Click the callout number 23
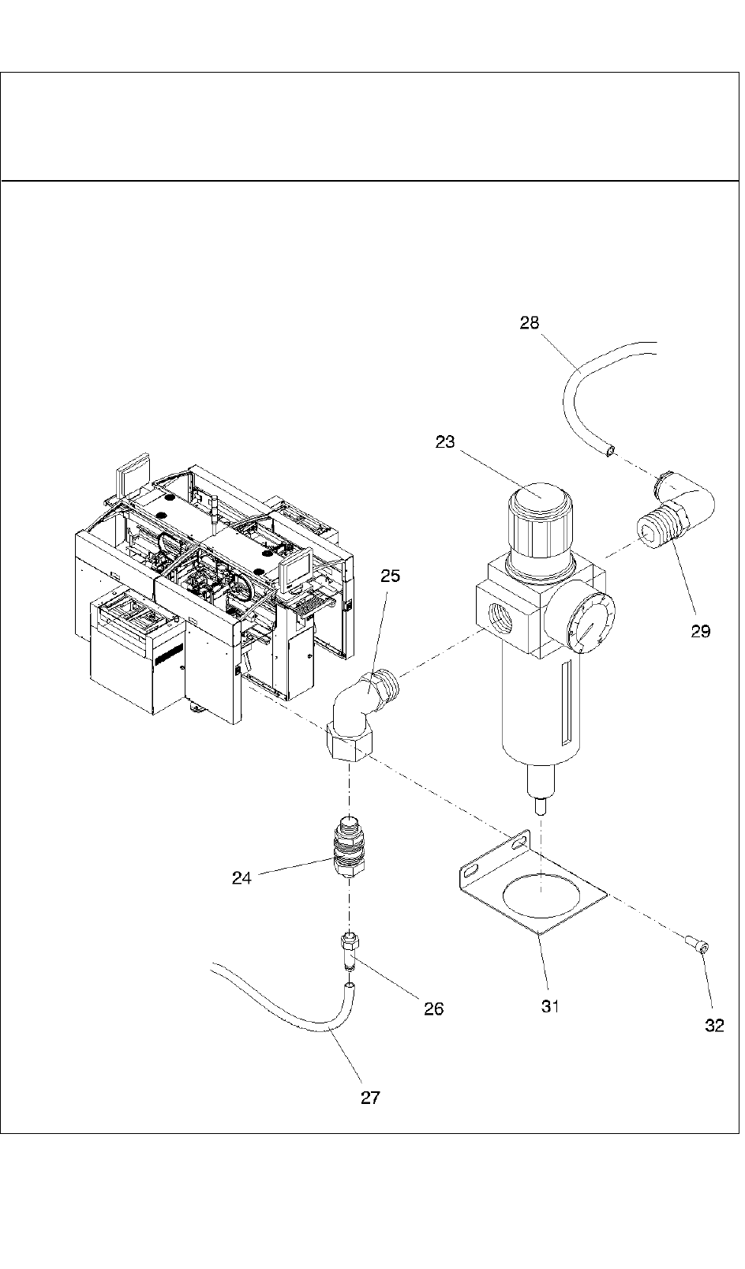(x=445, y=442)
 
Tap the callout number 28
(x=530, y=323)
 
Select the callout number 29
(x=700, y=631)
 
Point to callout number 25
(x=390, y=576)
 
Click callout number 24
(x=241, y=877)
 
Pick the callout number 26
(x=433, y=1008)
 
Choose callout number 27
(x=370, y=1098)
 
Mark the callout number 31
(x=550, y=1006)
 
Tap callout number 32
(x=713, y=1027)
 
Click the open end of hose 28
(x=609, y=450)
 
